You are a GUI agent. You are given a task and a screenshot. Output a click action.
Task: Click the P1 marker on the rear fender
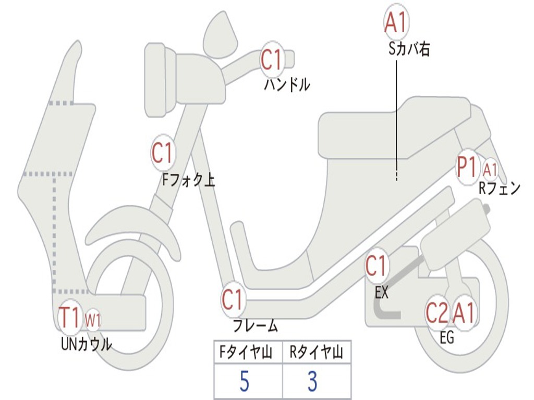pyautogui.click(x=467, y=168)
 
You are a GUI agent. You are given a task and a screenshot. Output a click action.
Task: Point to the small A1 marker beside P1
pyautogui.click(x=490, y=169)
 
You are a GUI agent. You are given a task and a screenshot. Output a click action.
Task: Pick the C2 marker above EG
pyautogui.click(x=437, y=314)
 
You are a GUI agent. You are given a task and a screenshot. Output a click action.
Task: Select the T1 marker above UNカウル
pyautogui.click(x=70, y=317)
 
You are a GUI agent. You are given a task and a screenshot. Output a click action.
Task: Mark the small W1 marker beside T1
pyautogui.click(x=93, y=319)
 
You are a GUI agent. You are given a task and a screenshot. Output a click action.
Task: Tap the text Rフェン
pyautogui.click(x=500, y=189)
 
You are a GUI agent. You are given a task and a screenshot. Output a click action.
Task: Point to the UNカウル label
pyautogui.click(x=87, y=344)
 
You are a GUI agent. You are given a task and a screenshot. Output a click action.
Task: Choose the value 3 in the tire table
pyautogui.click(x=312, y=382)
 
